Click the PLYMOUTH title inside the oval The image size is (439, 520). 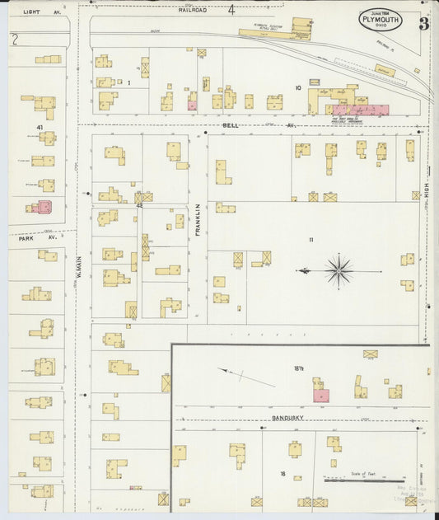tap(380, 19)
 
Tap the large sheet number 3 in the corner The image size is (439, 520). tap(423, 23)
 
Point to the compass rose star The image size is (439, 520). tap(339, 269)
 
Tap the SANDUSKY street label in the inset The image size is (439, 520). tap(290, 419)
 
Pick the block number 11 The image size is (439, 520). tap(311, 240)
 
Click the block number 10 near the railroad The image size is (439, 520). tap(299, 86)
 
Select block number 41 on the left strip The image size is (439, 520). tap(39, 126)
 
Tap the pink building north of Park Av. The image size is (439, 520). tap(44, 207)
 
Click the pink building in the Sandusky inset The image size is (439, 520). tap(321, 396)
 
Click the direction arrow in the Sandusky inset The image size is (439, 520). tap(246, 377)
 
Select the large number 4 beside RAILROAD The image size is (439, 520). tap(231, 11)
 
